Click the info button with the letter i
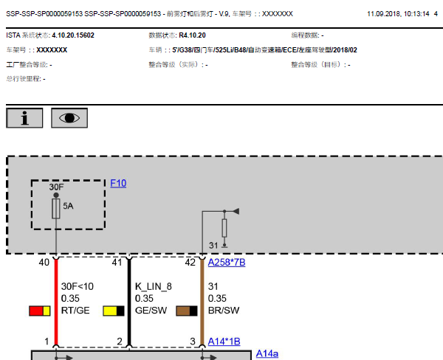(x=24, y=118)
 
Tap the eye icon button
(x=69, y=118)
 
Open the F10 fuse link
(x=118, y=184)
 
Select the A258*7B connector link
(x=227, y=263)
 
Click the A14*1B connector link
(x=224, y=342)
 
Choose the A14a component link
(x=267, y=353)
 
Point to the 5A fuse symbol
(x=56, y=209)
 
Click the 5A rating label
(x=68, y=206)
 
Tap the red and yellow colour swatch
(x=40, y=311)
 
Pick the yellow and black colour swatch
(x=114, y=311)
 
